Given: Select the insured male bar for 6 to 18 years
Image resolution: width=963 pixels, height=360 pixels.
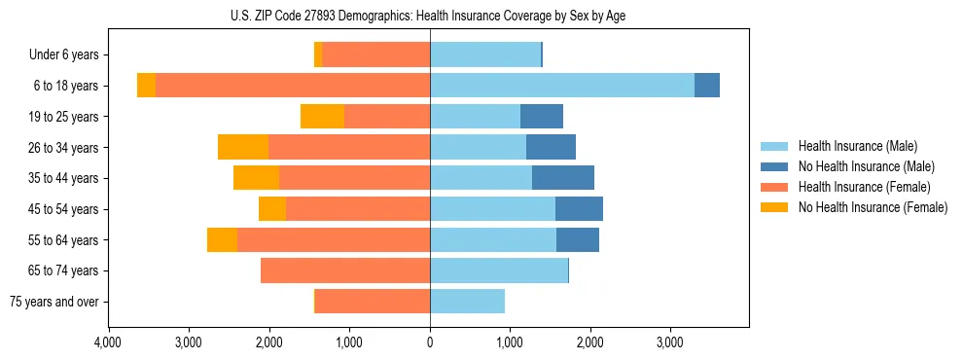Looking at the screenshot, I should pos(562,86).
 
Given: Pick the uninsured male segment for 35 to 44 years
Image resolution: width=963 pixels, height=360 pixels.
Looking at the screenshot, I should pos(563,178).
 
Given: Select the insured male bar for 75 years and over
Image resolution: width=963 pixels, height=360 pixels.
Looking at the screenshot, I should pos(467,302).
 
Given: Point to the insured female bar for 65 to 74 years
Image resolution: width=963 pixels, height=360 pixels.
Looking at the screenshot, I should pos(345,270).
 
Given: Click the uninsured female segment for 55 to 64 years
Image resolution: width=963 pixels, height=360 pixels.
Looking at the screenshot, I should pos(222,240).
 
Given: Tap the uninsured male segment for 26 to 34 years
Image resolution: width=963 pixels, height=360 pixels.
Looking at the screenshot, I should pos(551,147).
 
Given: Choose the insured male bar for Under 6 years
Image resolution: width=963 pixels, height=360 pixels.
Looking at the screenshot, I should pos(485,54).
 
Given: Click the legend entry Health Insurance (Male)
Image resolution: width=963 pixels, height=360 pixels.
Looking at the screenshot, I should pos(857,146).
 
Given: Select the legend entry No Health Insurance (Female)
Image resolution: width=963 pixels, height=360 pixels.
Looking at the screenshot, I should pos(873,207).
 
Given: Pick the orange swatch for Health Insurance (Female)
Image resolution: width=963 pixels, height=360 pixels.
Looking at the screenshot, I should pos(774,187).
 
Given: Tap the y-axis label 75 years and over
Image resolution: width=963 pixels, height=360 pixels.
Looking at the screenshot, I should pos(53,302).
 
